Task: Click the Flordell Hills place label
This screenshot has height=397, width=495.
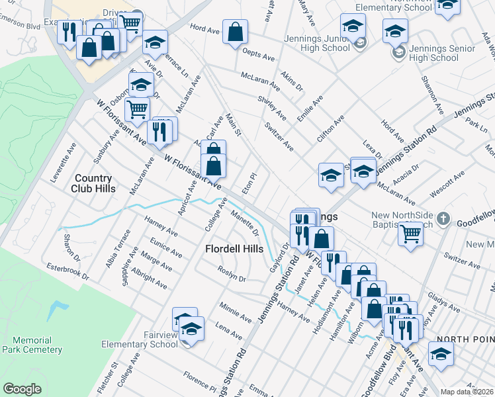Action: tap(234, 249)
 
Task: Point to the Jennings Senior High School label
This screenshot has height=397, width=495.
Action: tap(434, 53)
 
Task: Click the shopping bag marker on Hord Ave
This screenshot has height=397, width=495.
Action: tap(235, 32)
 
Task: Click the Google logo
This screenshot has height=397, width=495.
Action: tap(22, 389)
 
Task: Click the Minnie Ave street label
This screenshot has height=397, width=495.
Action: tap(236, 312)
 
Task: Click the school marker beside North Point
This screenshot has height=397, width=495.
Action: tap(441, 353)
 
